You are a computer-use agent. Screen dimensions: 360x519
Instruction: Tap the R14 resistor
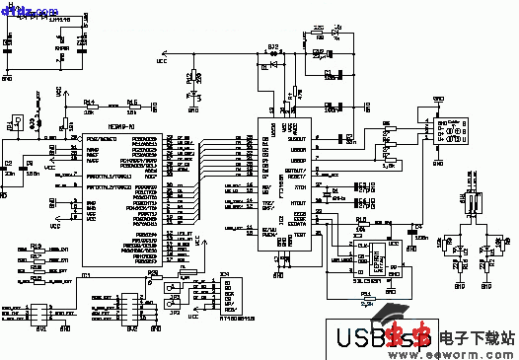[92, 105]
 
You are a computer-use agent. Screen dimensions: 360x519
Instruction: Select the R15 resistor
[131, 105]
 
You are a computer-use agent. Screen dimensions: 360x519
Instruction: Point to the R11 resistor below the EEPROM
[366, 296]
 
